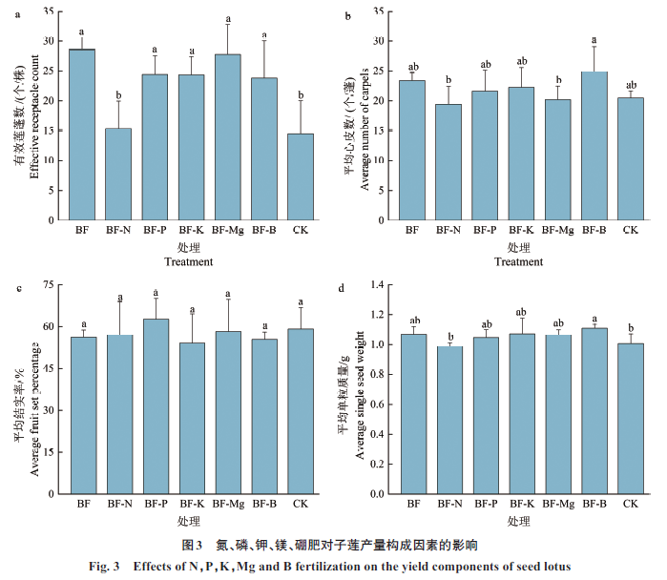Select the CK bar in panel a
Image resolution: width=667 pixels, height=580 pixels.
point(300,176)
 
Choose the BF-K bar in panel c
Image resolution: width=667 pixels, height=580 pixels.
point(192,419)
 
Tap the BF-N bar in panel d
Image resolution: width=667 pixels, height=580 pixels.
point(448,421)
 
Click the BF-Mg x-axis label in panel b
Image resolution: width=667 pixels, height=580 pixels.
point(557,231)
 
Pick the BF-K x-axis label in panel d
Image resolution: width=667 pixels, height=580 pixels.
point(521,504)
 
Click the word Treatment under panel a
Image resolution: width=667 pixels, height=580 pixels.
point(189,261)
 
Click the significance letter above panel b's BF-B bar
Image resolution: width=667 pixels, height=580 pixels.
point(594,40)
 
